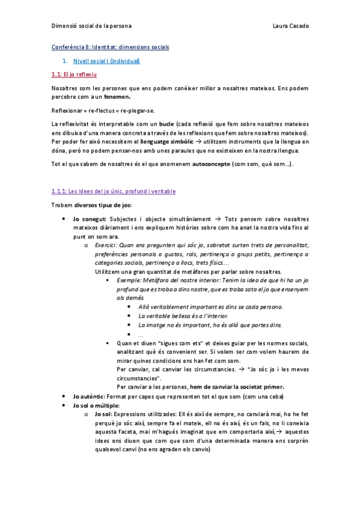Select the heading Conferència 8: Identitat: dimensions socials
[110, 47]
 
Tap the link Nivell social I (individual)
[106, 61]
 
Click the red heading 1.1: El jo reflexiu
[74, 75]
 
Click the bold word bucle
[166, 124]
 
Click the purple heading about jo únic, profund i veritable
[114, 191]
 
